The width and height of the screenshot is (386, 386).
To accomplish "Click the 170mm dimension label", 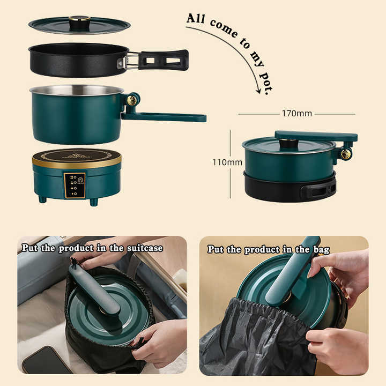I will (x=296, y=114).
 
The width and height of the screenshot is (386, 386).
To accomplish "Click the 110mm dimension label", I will (x=227, y=162).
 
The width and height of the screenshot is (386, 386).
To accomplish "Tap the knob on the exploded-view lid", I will (x=79, y=21).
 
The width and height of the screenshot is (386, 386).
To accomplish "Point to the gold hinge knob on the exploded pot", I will (x=131, y=100).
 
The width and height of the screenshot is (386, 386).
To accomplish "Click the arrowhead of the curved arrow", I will (x=259, y=91).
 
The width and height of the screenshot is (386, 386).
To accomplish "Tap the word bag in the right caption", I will (x=321, y=250).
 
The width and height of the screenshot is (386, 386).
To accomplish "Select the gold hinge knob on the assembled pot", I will (x=345, y=154).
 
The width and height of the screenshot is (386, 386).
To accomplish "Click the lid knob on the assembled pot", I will (x=289, y=143).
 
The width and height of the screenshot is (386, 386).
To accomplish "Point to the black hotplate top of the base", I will (x=76, y=155).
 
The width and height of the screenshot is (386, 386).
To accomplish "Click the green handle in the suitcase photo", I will (x=94, y=288).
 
